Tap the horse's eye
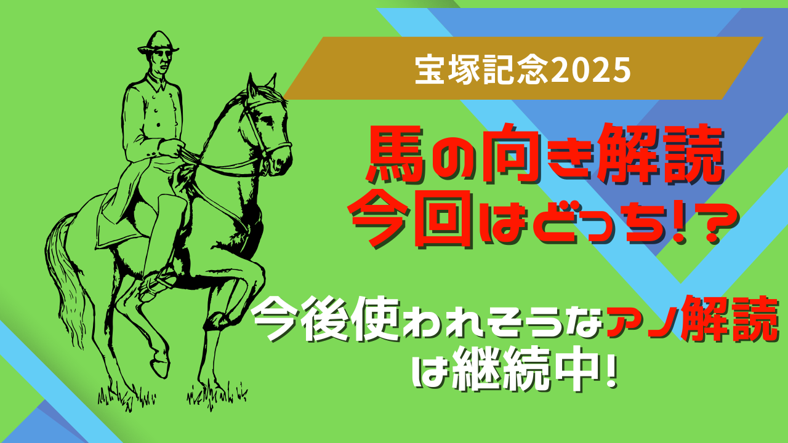[x=269, y=120]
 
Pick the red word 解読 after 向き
[x=661, y=154]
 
